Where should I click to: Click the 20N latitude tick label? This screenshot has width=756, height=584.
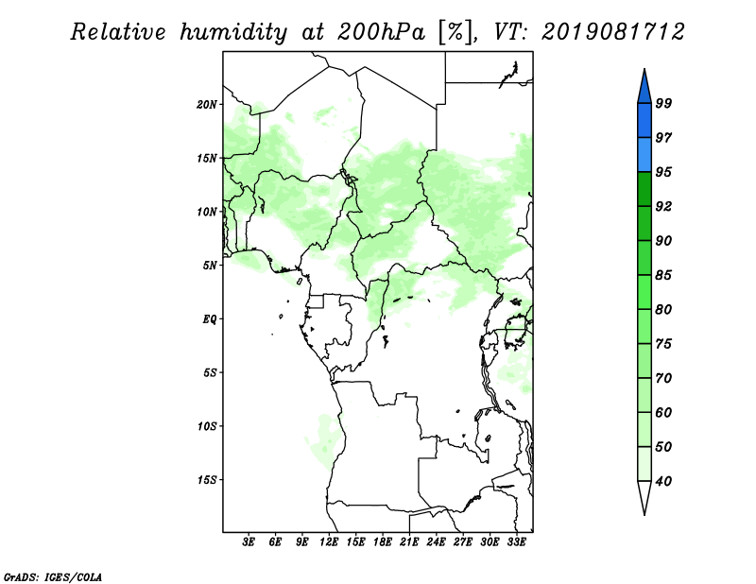point(207,105)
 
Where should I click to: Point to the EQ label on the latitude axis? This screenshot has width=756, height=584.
point(210,319)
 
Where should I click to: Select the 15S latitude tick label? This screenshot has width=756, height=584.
point(207,480)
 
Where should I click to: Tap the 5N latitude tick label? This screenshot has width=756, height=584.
point(210,266)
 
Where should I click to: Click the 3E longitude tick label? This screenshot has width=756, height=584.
point(249,542)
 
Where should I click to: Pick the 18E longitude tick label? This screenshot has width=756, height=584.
point(383,542)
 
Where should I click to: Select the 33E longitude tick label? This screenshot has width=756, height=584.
point(516,542)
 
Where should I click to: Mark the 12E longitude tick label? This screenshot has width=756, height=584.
point(329,542)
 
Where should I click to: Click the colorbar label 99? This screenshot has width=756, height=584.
point(663,103)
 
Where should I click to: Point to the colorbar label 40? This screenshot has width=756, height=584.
point(663,481)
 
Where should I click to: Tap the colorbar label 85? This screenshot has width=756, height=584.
point(663,275)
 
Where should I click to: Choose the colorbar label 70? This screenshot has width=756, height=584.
point(663,378)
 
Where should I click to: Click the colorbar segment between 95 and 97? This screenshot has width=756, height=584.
point(644,155)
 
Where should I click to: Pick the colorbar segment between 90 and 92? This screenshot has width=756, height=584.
point(644,223)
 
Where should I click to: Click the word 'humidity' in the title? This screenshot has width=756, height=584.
point(233,33)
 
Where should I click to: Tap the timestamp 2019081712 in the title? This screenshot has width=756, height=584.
point(612,32)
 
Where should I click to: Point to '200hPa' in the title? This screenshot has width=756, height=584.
point(381,32)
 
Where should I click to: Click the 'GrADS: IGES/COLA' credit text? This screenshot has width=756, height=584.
point(53,576)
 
